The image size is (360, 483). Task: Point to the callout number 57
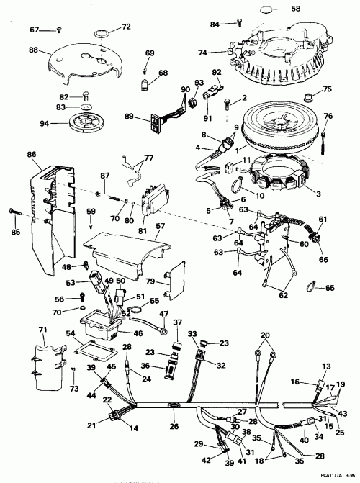click(161, 227)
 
